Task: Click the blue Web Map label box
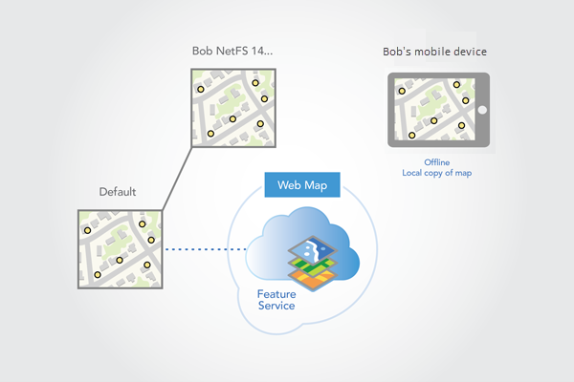coord(301,184)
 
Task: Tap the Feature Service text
coord(276,300)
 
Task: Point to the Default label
coord(118,192)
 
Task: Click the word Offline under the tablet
coord(436,162)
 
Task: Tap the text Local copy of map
coord(436,173)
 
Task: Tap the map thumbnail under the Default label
coord(119,249)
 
